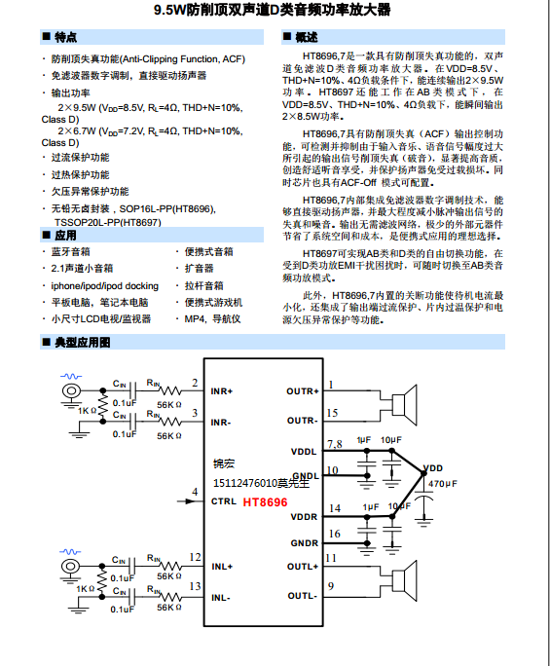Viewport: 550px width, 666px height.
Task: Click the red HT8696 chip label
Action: (x=265, y=502)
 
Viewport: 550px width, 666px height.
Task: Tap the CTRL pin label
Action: (x=222, y=502)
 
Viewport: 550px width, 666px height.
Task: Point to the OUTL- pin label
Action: (x=302, y=596)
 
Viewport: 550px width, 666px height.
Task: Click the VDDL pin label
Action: (x=304, y=452)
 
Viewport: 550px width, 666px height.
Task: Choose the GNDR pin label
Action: (x=304, y=542)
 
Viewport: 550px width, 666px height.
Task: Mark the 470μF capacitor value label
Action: (x=442, y=484)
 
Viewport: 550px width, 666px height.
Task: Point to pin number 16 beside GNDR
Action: (x=335, y=534)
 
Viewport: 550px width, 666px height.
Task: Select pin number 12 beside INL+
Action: (x=196, y=557)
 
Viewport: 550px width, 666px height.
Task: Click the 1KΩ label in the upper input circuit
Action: (x=87, y=411)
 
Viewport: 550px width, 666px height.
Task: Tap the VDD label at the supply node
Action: (x=434, y=468)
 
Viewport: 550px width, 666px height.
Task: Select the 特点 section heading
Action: (x=65, y=37)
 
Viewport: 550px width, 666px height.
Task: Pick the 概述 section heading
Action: (x=306, y=37)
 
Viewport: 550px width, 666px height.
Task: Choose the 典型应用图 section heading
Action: (x=83, y=343)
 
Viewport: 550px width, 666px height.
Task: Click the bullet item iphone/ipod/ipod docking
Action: (x=104, y=285)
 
